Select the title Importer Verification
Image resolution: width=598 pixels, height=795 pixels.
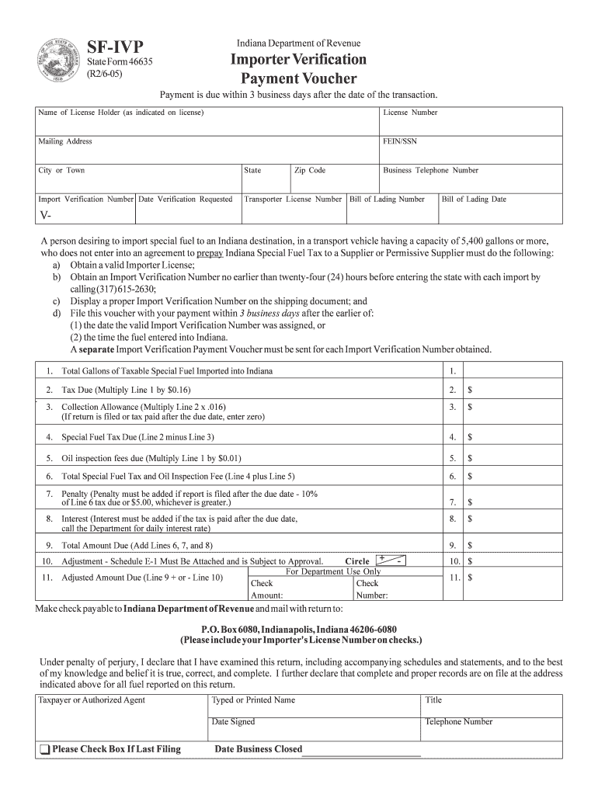[x=298, y=60]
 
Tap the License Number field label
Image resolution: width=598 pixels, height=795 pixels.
[x=410, y=113]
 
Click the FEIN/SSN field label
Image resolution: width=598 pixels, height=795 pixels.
[x=400, y=141]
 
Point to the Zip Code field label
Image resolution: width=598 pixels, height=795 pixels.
[x=310, y=170]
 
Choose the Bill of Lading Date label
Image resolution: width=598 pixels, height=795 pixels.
[x=474, y=199]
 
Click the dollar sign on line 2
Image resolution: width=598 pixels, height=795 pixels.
[x=470, y=390]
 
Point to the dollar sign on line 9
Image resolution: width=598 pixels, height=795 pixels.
[x=470, y=545]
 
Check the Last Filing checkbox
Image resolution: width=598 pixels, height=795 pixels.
[x=43, y=750]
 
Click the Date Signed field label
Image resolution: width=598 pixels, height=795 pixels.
[x=233, y=721]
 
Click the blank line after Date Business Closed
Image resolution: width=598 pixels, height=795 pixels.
[x=362, y=752]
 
